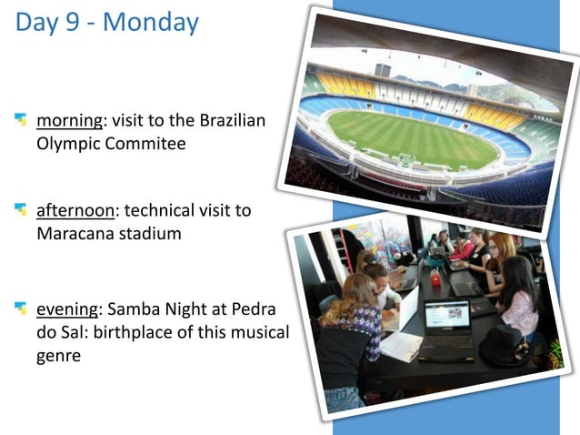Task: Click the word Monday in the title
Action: point(150,22)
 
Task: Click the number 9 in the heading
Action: point(77,22)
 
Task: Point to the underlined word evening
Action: point(67,310)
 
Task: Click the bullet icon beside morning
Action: point(21,119)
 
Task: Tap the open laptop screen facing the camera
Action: point(446,316)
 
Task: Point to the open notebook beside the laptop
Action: point(401,344)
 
